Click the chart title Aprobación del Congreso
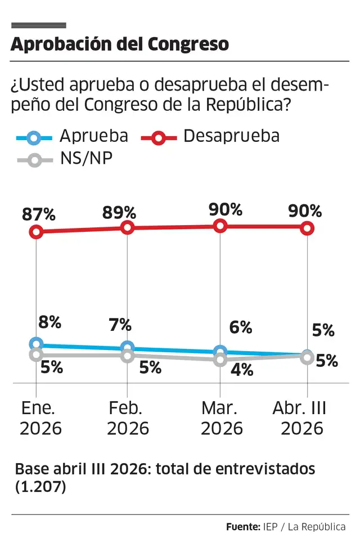[119, 44]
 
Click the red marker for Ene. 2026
[37, 231]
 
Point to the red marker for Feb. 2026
[128, 227]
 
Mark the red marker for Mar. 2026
[220, 226]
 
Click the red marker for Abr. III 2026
[307, 227]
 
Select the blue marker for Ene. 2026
[37, 344]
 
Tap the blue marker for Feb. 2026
[128, 348]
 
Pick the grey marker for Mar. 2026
[220, 360]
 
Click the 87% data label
[39, 214]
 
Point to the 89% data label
[119, 213]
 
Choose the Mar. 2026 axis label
[222, 419]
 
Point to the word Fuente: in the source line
[242, 527]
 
